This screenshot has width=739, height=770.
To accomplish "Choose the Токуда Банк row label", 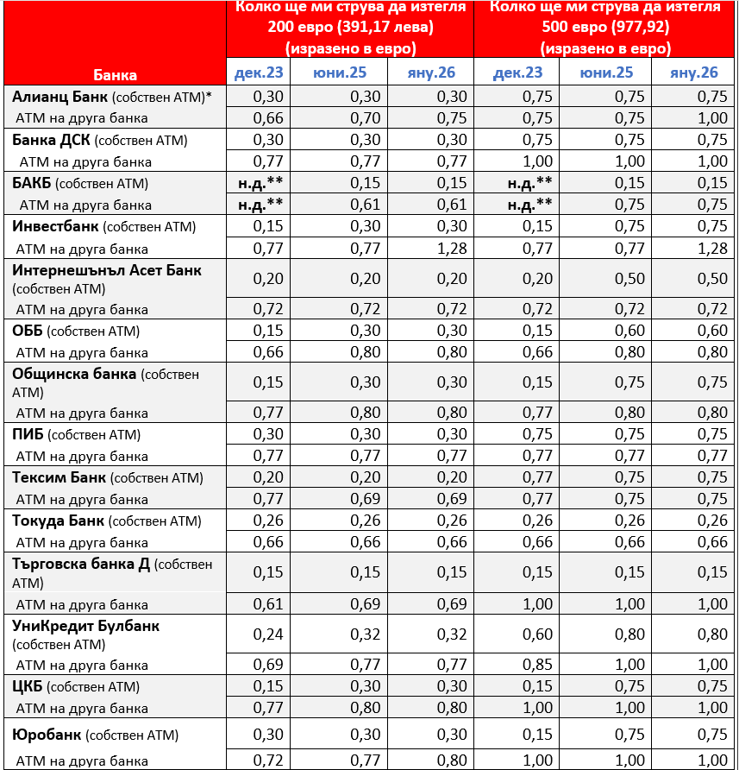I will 58,521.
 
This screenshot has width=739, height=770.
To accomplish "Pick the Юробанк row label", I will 47,735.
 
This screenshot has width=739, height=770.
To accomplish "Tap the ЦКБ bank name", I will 27,686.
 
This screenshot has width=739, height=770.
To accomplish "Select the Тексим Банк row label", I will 59,477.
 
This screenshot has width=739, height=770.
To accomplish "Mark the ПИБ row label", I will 28,434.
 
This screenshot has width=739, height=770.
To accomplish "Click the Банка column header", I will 115,74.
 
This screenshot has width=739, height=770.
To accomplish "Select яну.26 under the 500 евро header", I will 694,73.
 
